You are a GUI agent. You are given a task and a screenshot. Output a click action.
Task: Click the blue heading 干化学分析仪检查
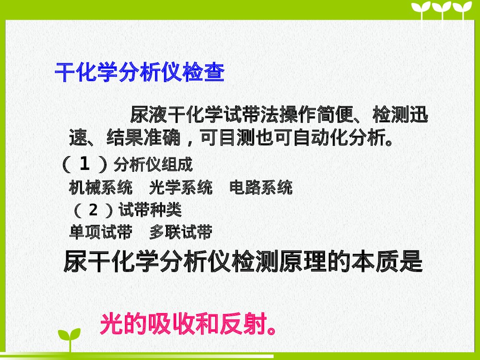[140, 72]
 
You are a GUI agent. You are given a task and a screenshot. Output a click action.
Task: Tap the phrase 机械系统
[100, 187]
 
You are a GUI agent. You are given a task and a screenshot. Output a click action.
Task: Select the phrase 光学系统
[180, 187]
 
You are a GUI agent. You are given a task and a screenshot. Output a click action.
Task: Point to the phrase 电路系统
[261, 187]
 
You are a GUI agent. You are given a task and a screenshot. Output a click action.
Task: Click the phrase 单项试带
[100, 232]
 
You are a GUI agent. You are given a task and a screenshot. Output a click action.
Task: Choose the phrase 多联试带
[180, 232]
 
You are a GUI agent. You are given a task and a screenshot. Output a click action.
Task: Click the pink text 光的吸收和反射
[183, 324]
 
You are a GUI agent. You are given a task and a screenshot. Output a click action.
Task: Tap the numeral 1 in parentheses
[84, 165]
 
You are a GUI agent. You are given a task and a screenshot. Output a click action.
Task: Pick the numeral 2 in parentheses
[94, 210]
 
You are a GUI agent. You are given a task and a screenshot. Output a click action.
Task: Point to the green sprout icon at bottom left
[69, 339]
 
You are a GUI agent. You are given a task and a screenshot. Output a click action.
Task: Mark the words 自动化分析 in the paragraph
[341, 139]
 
